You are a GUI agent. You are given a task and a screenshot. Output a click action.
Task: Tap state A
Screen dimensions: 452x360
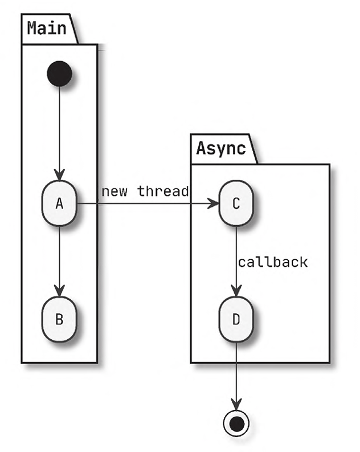click(x=59, y=203)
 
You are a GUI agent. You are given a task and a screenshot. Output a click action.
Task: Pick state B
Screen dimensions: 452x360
click(x=59, y=319)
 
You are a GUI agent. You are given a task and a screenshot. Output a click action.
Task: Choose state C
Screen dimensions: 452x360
click(x=236, y=203)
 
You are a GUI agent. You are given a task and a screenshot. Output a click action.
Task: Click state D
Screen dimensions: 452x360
click(x=236, y=319)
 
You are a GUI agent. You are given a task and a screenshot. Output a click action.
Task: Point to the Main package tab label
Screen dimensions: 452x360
click(x=47, y=27)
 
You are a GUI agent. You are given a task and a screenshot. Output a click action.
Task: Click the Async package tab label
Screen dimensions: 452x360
click(x=221, y=148)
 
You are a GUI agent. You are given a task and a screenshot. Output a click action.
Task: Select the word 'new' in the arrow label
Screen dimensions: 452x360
click(x=114, y=192)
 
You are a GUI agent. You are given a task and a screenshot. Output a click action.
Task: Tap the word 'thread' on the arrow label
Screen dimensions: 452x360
click(x=163, y=192)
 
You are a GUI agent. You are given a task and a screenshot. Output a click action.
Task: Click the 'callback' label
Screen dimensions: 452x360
click(x=273, y=263)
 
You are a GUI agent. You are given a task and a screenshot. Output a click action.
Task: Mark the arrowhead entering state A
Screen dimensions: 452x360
click(x=59, y=175)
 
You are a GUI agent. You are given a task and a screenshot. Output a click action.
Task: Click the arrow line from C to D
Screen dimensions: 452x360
click(x=236, y=251)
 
